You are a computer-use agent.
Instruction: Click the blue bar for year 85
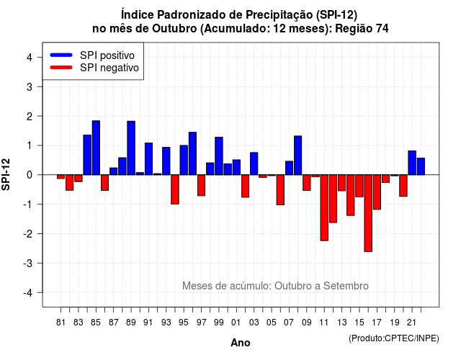[96, 148]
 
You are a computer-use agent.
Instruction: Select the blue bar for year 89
[131, 148]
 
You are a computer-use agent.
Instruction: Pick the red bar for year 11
[324, 208]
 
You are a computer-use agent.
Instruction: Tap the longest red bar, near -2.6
[368, 213]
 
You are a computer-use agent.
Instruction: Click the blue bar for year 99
[219, 156]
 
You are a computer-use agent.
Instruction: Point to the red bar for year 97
[202, 185]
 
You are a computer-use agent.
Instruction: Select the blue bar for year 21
[412, 163]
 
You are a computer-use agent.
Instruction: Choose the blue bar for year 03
[254, 163]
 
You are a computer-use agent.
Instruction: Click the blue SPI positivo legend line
[61, 55]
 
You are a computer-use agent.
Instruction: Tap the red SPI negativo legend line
[61, 68]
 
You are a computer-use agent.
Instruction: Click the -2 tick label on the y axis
[28, 234]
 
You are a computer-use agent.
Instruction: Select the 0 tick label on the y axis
[30, 175]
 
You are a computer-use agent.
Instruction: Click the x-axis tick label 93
[166, 323]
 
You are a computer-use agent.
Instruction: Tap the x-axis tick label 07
[289, 323]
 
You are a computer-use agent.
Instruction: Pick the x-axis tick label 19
[395, 323]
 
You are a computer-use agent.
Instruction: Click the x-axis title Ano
[241, 343]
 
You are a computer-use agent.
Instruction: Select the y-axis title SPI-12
[6, 174]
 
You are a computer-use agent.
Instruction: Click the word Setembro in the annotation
[346, 286]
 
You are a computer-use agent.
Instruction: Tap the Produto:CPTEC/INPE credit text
[394, 338]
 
